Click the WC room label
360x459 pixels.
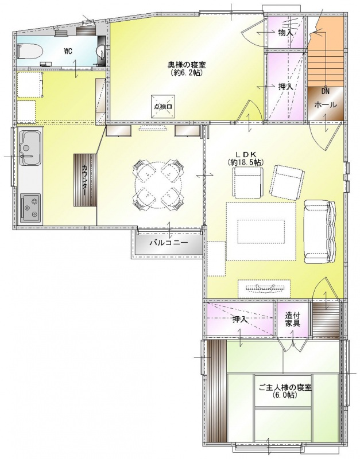68,51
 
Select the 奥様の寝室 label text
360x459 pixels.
185,64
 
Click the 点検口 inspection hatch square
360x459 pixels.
163,107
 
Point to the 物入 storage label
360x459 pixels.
285,33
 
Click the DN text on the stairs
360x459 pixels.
325,91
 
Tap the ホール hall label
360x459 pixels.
326,104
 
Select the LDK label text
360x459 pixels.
246,154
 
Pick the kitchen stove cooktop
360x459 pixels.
30,208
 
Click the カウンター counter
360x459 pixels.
85,180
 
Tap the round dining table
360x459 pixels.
160,184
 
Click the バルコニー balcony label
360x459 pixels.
168,243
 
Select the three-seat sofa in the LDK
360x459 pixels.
319,232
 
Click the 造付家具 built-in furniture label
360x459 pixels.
293,320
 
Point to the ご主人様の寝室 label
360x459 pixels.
285,387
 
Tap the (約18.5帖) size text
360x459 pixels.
246,162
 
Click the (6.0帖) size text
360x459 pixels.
285,395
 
